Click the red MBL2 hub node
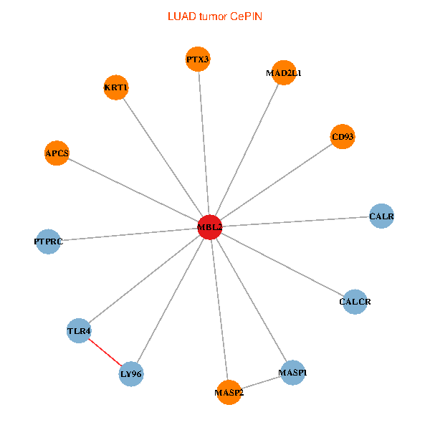(x=209, y=227)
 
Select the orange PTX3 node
(x=198, y=59)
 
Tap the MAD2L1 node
(x=284, y=72)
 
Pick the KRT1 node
(x=115, y=87)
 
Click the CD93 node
(x=343, y=136)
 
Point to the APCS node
(x=57, y=153)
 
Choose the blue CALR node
(x=381, y=216)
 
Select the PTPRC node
(x=48, y=242)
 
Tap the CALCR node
(x=355, y=302)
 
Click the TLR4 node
(x=79, y=331)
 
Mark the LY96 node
(x=131, y=374)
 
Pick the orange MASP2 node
(x=229, y=392)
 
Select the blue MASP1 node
(x=292, y=373)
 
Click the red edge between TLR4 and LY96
(x=105, y=353)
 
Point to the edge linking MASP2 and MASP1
(x=261, y=382)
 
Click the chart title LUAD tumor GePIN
(x=215, y=16)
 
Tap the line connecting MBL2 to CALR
(x=295, y=221)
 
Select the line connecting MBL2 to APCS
(x=133, y=190)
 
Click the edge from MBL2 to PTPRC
(x=129, y=234)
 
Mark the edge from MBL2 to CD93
(x=276, y=182)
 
